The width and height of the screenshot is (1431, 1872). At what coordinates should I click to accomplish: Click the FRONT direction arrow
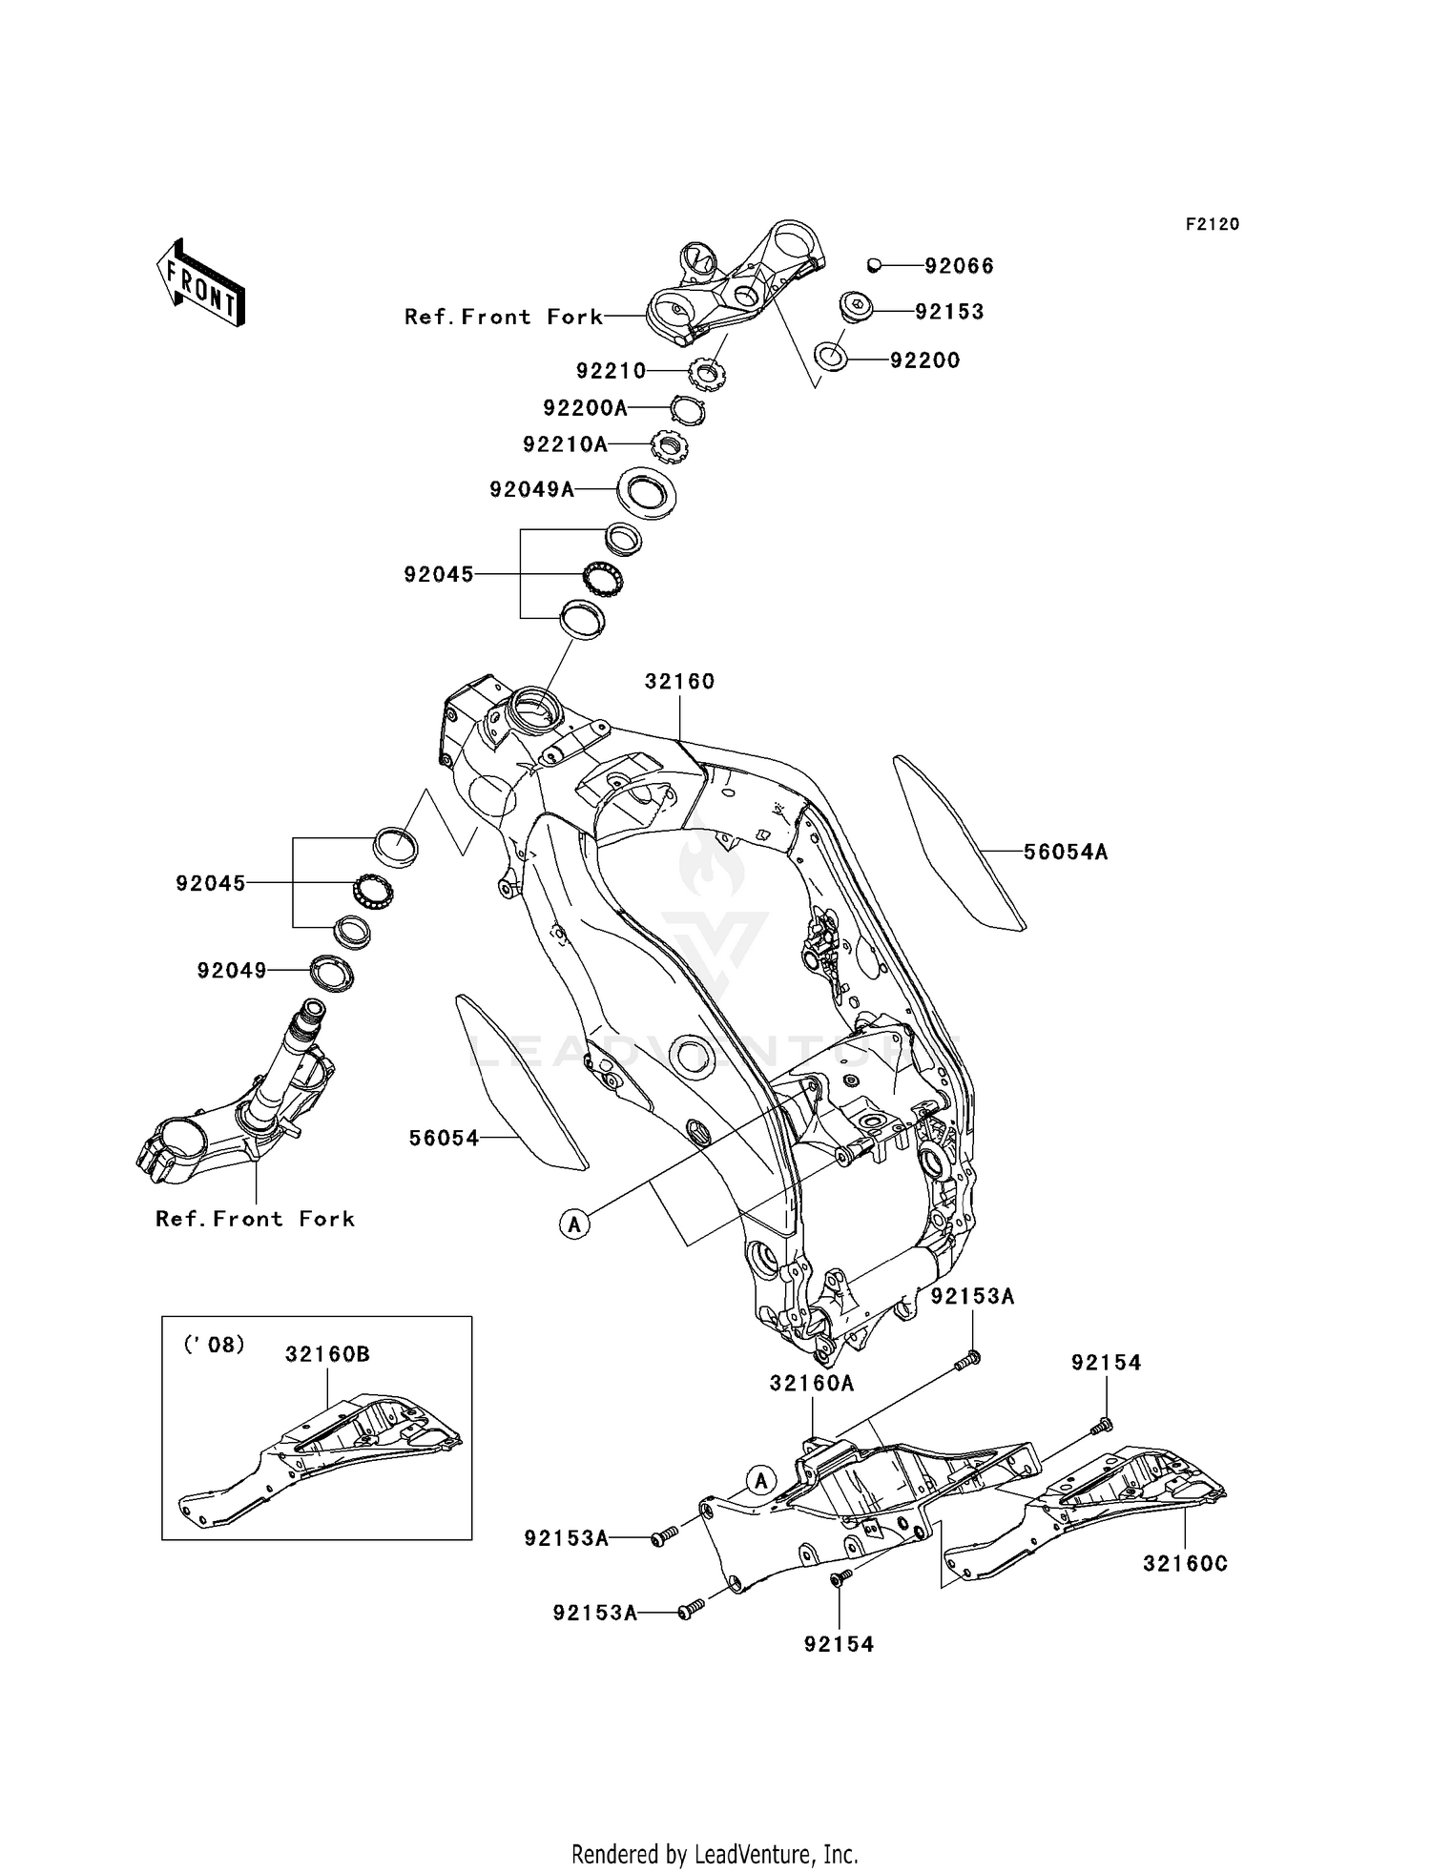200,283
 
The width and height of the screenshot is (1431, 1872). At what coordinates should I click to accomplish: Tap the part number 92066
959,266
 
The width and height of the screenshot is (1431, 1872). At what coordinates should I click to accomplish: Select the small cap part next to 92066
873,264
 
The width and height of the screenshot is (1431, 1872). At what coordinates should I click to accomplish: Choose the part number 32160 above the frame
679,682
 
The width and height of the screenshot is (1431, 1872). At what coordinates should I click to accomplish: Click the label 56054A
1066,852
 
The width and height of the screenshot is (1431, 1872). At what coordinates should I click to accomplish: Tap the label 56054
444,1138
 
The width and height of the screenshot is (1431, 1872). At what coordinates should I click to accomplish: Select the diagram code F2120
1213,224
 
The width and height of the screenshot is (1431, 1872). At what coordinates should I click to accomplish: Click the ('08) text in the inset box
213,1345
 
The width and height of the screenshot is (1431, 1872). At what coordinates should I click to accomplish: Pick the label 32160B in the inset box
327,1354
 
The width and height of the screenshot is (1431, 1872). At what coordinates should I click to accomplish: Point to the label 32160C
1185,1564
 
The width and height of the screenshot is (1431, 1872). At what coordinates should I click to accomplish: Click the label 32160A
812,1384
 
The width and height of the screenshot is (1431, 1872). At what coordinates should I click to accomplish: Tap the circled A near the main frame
574,1224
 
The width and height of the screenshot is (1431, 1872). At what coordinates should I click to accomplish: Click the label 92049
232,971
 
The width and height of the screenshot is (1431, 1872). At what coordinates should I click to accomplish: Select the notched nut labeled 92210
707,371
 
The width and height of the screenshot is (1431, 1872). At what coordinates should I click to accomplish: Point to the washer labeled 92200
831,360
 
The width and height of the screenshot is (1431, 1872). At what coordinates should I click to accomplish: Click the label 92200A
585,408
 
